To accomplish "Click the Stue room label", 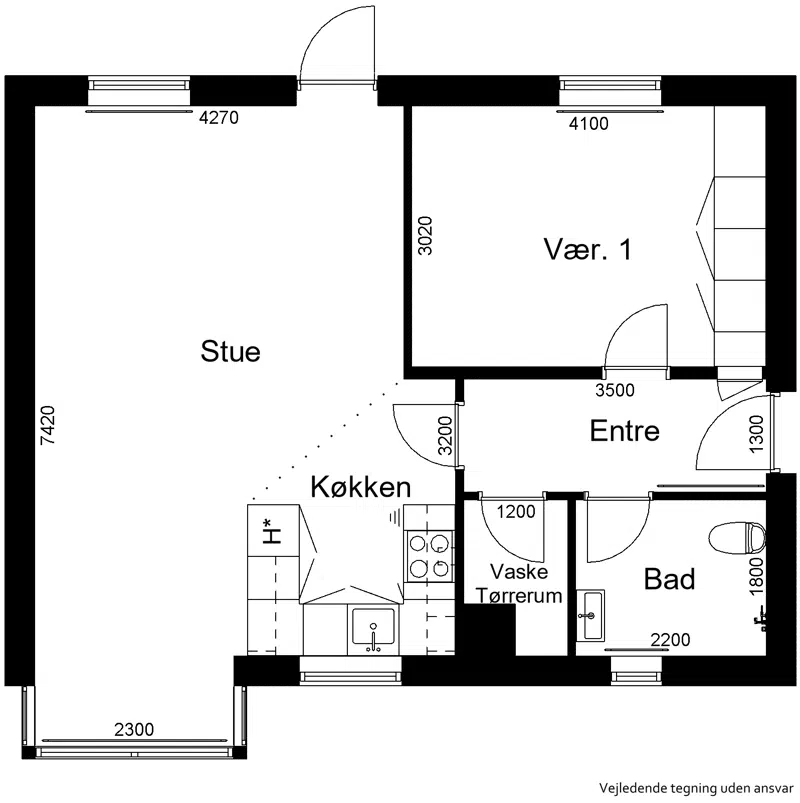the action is [x=230, y=351].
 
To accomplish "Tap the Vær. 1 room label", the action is [x=587, y=249].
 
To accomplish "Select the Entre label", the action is [x=624, y=430].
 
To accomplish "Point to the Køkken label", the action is [x=361, y=487].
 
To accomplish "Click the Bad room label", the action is [x=669, y=579].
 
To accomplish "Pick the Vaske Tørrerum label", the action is [x=519, y=584].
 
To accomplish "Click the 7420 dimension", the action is [x=48, y=425].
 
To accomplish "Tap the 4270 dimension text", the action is [x=219, y=118].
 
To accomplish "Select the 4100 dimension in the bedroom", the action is [x=588, y=123].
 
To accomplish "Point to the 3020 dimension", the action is [x=425, y=236].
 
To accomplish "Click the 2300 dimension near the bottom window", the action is [x=134, y=729].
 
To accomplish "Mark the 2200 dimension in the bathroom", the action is [x=670, y=640].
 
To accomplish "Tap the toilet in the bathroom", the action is [x=737, y=538].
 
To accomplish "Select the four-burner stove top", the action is [x=429, y=556].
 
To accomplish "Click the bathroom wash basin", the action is [x=591, y=615].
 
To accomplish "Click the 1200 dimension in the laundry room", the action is [x=516, y=511].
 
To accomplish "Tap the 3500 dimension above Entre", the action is [x=615, y=390].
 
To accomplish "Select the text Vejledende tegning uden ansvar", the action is [x=697, y=787].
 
